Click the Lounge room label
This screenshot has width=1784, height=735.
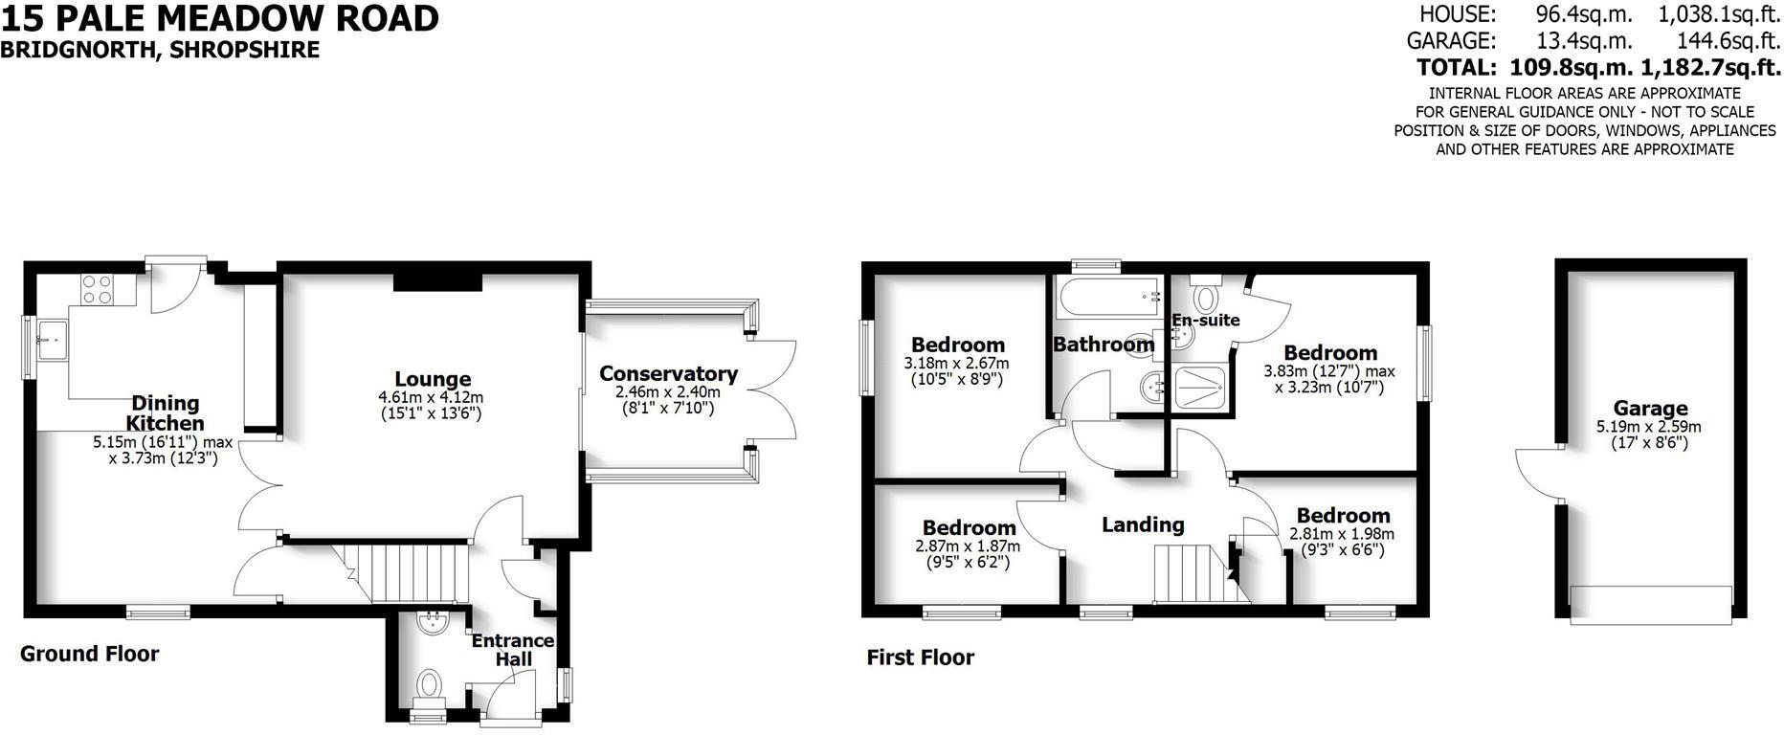coord(433,380)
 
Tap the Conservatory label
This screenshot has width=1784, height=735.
coord(668,374)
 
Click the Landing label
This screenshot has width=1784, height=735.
coord(1143,524)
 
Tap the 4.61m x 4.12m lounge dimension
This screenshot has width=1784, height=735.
coord(431,398)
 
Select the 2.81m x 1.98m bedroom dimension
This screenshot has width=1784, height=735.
coord(1342,534)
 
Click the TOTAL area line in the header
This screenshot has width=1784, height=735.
coord(1598,68)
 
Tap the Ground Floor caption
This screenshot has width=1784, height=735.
coord(90,654)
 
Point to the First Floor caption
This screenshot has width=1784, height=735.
coord(920,657)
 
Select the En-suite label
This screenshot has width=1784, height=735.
coord(1206,321)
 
